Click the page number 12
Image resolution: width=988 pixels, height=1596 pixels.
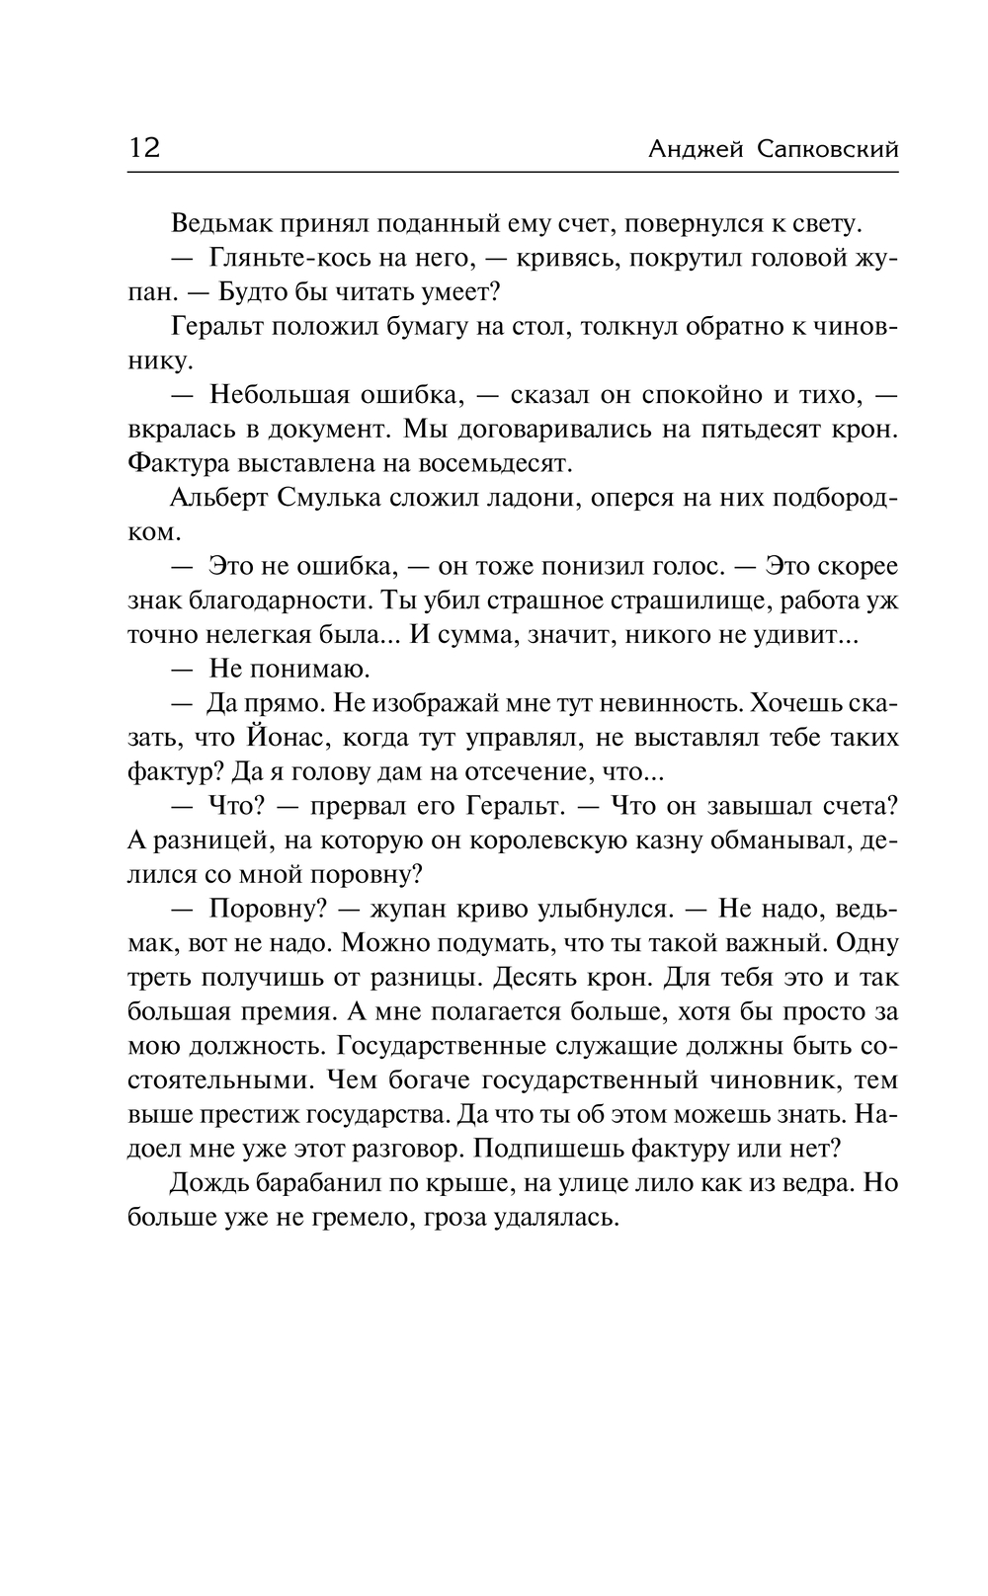143,148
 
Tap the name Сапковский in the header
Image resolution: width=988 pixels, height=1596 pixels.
829,150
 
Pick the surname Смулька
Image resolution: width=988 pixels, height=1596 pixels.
319,498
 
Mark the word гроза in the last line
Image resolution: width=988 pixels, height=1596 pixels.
455,1217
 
